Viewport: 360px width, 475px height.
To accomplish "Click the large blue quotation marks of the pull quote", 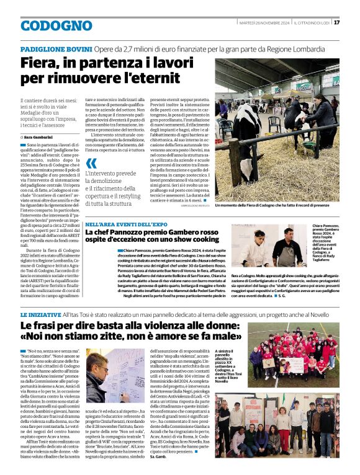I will (x=92, y=164).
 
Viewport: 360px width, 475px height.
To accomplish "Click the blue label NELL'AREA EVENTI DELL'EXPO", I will (x=126, y=224).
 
